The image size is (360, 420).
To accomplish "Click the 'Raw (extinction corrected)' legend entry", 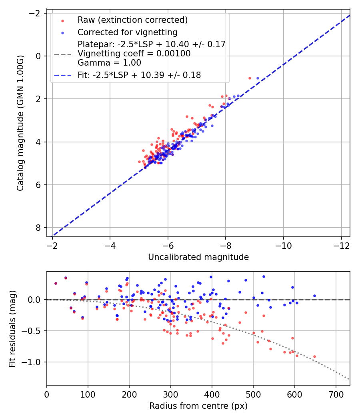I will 132,20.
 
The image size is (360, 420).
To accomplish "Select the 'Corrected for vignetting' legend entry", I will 128,32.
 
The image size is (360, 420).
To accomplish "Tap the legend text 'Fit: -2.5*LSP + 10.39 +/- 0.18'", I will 139,75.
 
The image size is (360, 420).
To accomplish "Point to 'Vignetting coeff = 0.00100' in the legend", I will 134,54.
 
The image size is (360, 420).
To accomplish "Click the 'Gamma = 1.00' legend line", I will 109,63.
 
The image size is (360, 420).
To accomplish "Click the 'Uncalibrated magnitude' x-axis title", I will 198,257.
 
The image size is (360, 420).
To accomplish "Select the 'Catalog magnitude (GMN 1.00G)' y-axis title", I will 20,123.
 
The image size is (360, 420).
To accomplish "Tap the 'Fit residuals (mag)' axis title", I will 12,328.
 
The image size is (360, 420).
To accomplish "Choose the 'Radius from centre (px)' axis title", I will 198,406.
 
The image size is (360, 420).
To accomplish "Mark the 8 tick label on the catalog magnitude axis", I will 38,228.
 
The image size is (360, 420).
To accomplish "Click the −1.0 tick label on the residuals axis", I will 34,362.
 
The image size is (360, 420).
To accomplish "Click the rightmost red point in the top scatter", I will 250,78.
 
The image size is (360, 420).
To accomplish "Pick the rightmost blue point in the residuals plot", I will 314,296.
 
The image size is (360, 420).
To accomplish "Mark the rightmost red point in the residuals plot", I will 314,356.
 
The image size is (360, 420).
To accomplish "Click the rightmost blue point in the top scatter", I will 258,78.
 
